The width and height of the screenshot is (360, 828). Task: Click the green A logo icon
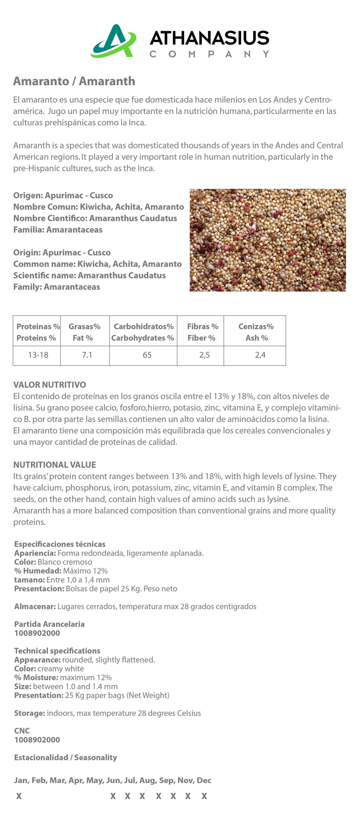click(x=113, y=41)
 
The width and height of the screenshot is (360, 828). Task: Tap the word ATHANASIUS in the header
click(x=209, y=38)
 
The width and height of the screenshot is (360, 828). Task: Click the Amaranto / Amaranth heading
click(x=74, y=81)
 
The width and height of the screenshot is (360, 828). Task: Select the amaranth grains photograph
click(x=267, y=240)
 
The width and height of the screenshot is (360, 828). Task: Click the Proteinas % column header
click(x=38, y=332)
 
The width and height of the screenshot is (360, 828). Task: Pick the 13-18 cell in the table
click(x=38, y=355)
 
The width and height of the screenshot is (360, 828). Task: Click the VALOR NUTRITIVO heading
click(x=50, y=385)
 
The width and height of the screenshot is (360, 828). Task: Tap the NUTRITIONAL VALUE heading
click(x=54, y=465)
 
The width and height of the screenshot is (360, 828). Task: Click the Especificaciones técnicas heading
click(x=60, y=544)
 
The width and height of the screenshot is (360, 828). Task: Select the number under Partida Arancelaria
click(x=37, y=633)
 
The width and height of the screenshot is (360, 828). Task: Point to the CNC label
click(x=22, y=731)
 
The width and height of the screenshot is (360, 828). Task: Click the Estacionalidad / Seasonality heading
click(x=65, y=757)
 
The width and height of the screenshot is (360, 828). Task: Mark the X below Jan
click(x=19, y=796)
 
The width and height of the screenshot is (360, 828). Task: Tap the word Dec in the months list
click(x=204, y=780)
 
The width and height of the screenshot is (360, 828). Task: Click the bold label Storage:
click(x=30, y=713)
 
